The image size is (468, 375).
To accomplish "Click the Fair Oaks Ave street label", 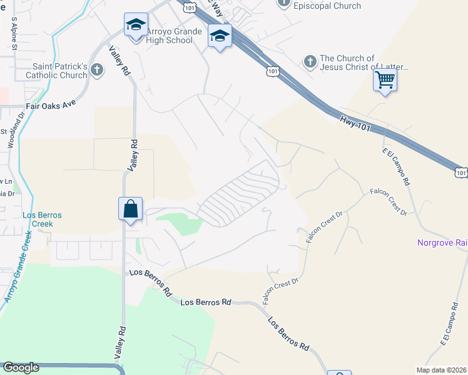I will (x=50, y=106).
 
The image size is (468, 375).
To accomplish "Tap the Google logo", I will (x=21, y=367).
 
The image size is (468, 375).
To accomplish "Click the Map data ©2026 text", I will (x=442, y=369).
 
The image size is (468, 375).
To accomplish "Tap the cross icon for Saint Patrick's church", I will (x=96, y=69).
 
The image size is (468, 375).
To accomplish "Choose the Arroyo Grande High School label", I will (x=175, y=36).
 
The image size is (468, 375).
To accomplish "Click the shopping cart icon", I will (x=385, y=79).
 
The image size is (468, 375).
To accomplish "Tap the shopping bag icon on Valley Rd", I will (x=131, y=208).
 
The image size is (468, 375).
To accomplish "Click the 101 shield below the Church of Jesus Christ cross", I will (x=272, y=72).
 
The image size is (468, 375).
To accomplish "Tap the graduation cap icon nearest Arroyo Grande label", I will (x=136, y=25).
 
